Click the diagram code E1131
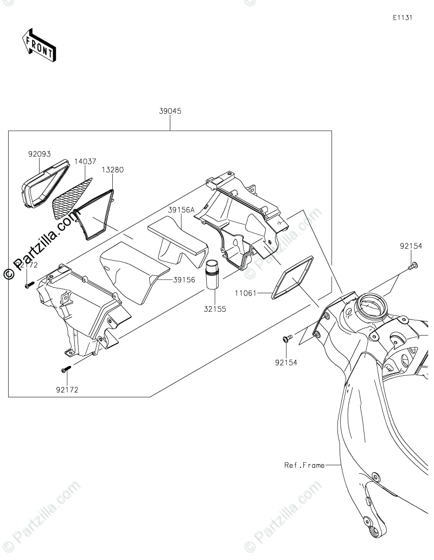(x=403, y=17)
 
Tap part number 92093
(x=39, y=153)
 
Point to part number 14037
(x=86, y=162)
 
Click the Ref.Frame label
(x=304, y=465)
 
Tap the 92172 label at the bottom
(x=66, y=389)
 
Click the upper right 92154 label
(x=411, y=246)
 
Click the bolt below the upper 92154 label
(x=413, y=265)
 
